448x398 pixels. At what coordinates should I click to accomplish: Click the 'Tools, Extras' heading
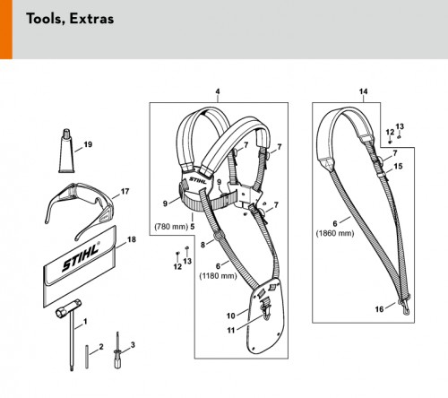click(70, 19)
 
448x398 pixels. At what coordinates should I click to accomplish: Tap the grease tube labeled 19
click(66, 151)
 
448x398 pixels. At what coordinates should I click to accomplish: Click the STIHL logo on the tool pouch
click(81, 257)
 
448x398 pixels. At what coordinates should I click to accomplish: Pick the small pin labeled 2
click(87, 357)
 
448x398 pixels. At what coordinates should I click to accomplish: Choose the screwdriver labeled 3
click(117, 350)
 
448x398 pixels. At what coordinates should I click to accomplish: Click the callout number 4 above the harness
click(218, 91)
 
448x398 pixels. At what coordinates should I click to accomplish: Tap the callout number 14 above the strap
click(363, 91)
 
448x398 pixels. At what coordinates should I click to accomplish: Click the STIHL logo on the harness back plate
click(198, 180)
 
